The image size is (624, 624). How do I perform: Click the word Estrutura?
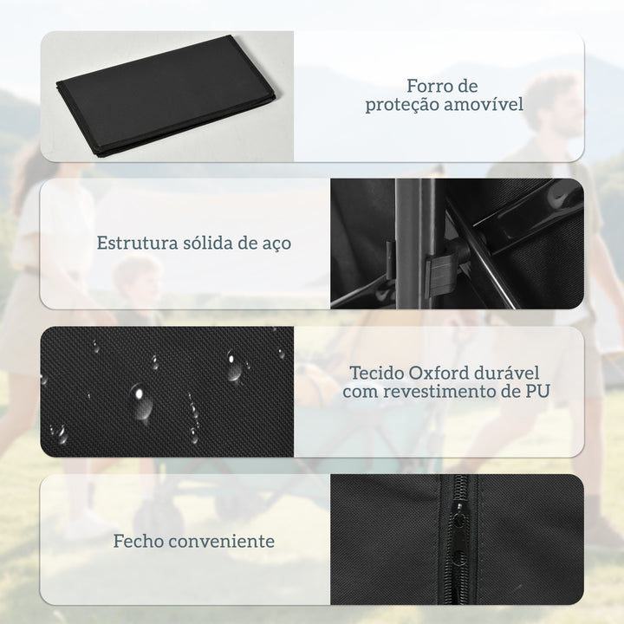(137, 243)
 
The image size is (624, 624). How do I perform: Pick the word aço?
(277, 244)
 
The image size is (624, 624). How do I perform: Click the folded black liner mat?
(167, 96)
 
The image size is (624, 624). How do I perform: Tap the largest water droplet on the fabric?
(140, 402)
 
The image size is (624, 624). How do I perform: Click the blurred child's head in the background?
(137, 281)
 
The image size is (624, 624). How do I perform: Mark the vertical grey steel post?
(414, 244)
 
